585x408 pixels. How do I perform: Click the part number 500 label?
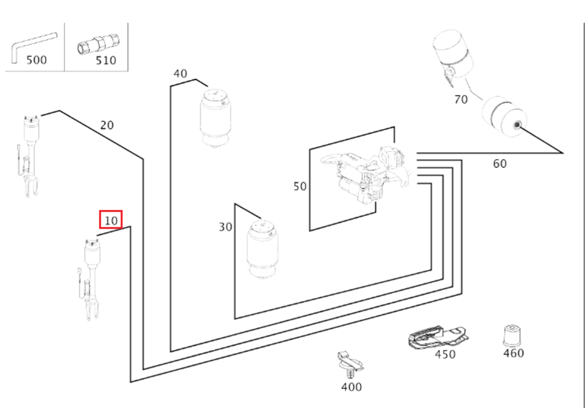(x=36, y=60)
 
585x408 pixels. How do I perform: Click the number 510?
(x=105, y=60)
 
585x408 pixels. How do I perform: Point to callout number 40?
(x=180, y=74)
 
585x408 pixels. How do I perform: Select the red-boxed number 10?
(x=111, y=220)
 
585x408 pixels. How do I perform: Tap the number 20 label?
(x=107, y=125)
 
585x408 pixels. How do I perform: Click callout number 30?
(x=225, y=227)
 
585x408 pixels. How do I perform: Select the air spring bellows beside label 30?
(x=261, y=249)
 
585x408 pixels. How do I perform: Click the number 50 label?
(x=300, y=186)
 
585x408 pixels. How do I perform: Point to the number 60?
(x=500, y=164)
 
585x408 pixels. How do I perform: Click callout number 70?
(x=461, y=99)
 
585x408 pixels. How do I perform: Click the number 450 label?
(x=445, y=354)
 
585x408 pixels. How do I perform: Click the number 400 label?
(x=351, y=387)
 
